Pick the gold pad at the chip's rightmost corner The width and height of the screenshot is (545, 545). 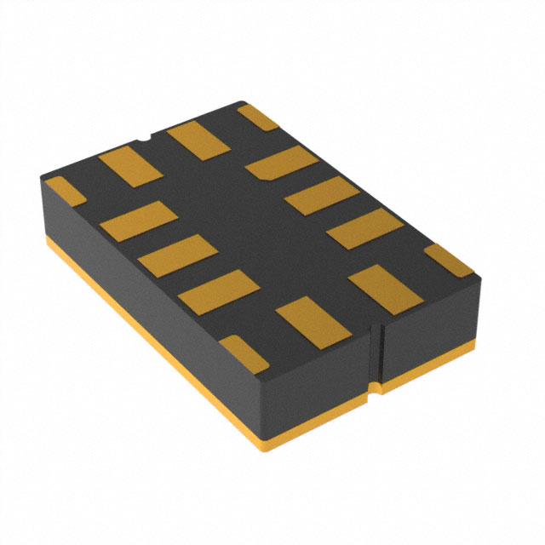click(448, 260)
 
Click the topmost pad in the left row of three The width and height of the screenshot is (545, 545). click(135, 220)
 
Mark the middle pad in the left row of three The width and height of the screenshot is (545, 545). click(175, 255)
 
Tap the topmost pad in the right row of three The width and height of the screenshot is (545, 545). click(283, 163)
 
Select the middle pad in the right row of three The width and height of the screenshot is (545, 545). click(321, 195)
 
